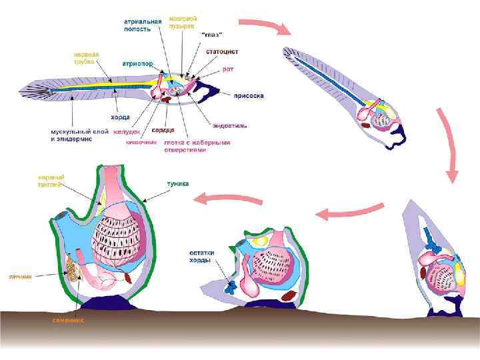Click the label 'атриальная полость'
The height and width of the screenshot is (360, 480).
142,25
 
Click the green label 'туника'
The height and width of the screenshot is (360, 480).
178,183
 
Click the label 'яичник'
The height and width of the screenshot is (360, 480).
21,275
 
